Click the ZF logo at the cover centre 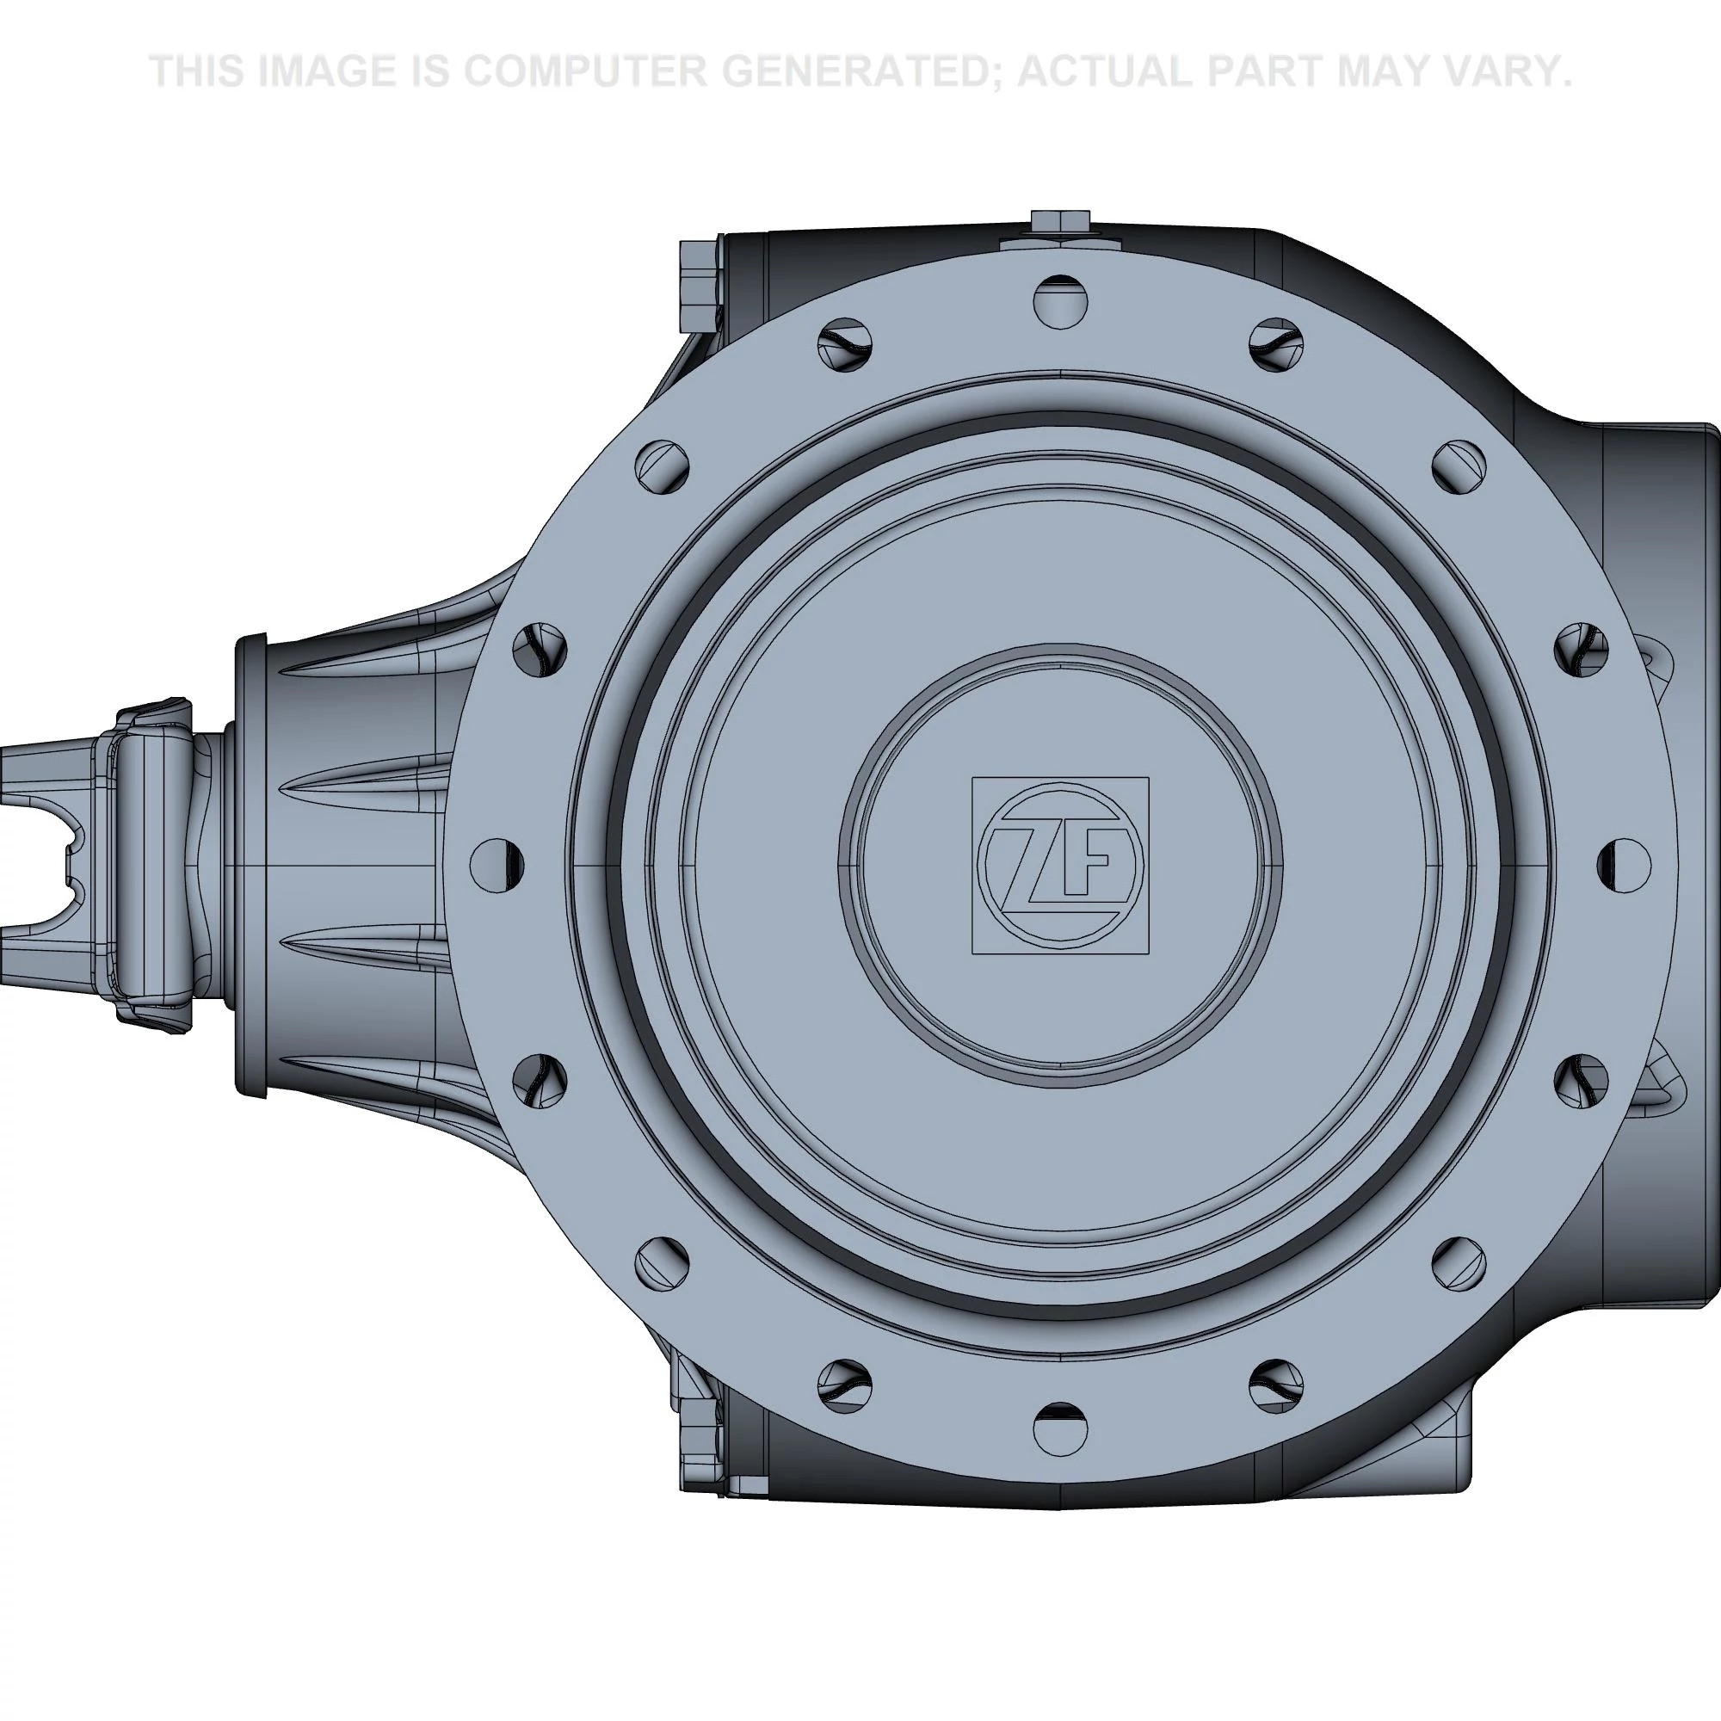(1059, 865)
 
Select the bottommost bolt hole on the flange (1060, 1428)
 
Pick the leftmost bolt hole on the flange (497, 864)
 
